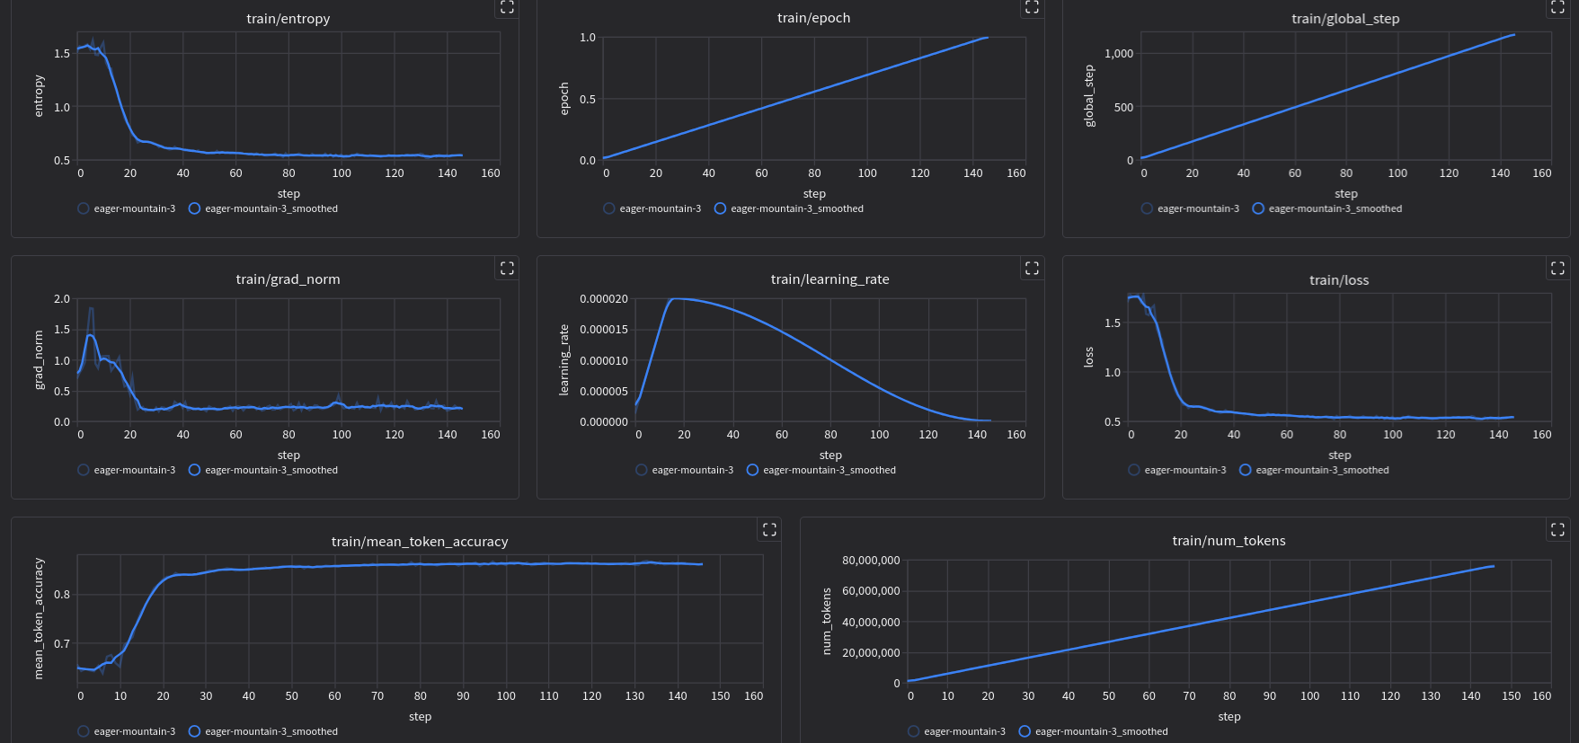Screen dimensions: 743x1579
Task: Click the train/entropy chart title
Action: click(288, 19)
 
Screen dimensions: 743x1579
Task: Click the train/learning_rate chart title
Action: click(829, 279)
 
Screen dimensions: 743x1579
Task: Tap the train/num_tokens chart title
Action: click(1229, 541)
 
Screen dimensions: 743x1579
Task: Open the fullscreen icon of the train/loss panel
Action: click(1557, 268)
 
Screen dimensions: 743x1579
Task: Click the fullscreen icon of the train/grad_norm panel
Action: click(507, 268)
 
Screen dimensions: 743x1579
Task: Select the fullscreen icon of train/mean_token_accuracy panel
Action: click(769, 529)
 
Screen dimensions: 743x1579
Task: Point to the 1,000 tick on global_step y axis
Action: click(1119, 54)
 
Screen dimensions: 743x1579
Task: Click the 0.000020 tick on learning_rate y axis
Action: click(604, 299)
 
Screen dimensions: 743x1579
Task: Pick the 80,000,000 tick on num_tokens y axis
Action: click(871, 561)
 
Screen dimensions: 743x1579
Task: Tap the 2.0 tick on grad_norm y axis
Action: click(62, 299)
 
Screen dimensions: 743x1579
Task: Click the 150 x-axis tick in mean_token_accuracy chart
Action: click(720, 696)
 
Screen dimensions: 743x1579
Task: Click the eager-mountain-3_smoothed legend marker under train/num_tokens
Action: click(1025, 731)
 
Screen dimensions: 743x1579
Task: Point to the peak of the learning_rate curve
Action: click(676, 298)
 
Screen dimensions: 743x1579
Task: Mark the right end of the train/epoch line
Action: click(987, 37)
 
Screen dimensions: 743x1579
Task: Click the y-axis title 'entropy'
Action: click(39, 96)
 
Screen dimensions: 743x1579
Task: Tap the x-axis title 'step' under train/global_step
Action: click(1345, 194)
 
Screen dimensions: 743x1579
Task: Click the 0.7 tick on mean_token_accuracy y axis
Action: click(62, 644)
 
